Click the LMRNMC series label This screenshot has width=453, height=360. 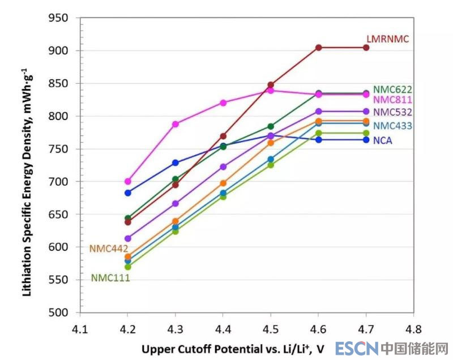coord(387,39)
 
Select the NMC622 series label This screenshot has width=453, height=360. coord(392,89)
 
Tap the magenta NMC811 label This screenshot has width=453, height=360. coord(392,100)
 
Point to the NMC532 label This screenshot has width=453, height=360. coord(392,112)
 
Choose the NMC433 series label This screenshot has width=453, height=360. coord(392,126)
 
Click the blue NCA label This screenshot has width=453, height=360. coord(383,140)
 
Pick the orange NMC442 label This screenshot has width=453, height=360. coord(109,248)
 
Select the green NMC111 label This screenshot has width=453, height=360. coord(110,278)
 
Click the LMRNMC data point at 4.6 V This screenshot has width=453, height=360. coord(319,48)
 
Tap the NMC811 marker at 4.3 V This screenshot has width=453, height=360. coord(176,124)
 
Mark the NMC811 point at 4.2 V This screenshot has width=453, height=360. coord(128,182)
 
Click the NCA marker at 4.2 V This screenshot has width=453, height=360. coord(128,193)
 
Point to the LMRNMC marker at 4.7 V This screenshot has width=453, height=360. coord(366,48)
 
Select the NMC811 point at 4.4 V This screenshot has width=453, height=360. coord(223,103)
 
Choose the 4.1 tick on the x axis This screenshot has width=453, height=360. coord(80,329)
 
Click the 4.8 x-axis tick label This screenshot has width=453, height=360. coord(413,329)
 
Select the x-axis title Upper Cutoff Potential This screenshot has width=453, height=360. coord(233,347)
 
